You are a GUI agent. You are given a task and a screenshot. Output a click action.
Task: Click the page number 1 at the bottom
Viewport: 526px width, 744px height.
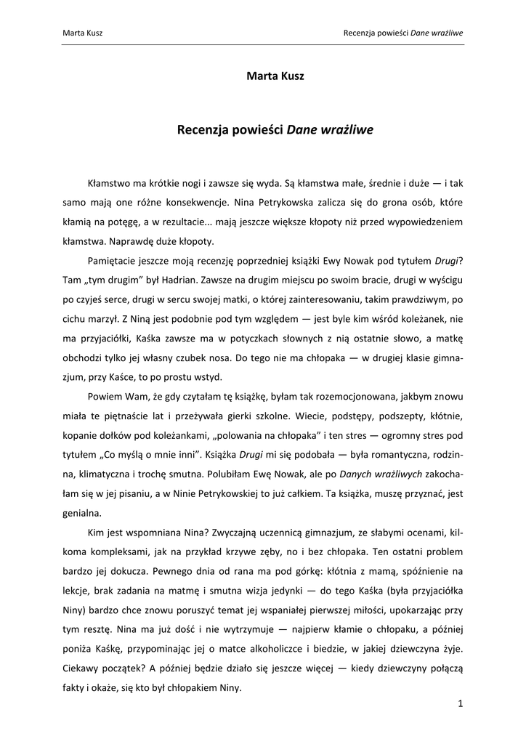pyautogui.click(x=461, y=703)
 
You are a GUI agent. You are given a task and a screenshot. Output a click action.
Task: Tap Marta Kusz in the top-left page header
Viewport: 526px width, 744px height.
pyautogui.click(x=83, y=33)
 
